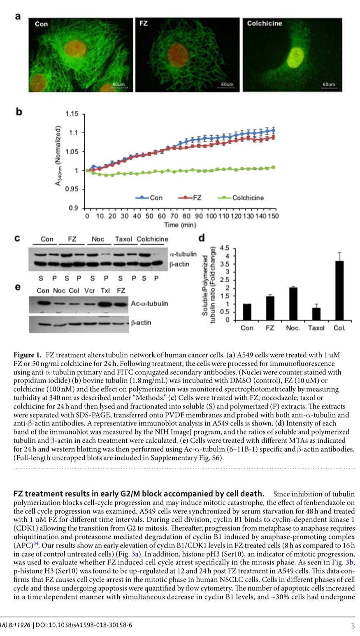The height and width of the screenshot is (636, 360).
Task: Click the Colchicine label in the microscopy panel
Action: (x=264, y=23)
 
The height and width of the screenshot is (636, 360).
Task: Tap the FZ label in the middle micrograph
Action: (x=143, y=23)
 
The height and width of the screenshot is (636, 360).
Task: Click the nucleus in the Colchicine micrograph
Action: (x=295, y=56)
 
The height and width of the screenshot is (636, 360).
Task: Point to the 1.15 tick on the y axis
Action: (x=72, y=114)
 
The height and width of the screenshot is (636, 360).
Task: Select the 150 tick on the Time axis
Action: (x=272, y=216)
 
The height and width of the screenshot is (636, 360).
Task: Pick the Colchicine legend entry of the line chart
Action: (x=248, y=198)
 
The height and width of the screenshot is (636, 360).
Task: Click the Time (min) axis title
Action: (x=180, y=225)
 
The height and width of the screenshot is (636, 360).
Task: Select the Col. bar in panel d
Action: (x=340, y=290)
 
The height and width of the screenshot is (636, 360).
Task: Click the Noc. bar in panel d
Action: (x=293, y=304)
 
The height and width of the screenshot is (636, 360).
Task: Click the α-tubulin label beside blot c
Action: (x=183, y=254)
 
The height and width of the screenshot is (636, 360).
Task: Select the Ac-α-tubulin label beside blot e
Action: (x=149, y=304)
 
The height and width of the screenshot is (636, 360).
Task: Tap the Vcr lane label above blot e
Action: (x=90, y=290)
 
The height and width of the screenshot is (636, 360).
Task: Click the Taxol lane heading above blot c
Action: (x=123, y=239)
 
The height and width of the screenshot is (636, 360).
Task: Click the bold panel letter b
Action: (x=19, y=111)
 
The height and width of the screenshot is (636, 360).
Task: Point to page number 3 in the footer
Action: (x=353, y=626)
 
